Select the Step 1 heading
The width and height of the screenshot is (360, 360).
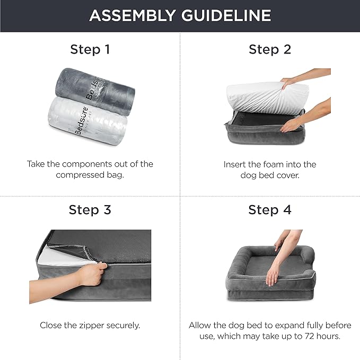pos(90,50)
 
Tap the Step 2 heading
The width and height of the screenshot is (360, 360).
pos(270,50)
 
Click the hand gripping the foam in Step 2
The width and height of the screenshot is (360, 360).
pos(289,82)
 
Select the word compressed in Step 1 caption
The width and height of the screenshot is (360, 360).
pos(79,175)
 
